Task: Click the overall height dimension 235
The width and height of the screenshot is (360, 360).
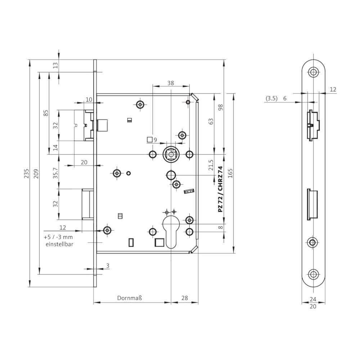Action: (x=27, y=174)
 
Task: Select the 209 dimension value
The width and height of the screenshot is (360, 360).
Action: (x=36, y=174)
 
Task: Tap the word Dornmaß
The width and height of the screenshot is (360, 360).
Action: (x=130, y=298)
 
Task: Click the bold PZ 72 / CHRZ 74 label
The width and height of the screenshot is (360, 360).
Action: (x=220, y=189)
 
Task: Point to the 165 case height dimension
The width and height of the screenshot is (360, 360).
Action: (x=230, y=173)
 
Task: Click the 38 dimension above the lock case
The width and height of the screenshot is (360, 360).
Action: (x=171, y=83)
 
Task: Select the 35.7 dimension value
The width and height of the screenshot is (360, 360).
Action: (x=55, y=173)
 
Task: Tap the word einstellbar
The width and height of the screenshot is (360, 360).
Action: (x=59, y=244)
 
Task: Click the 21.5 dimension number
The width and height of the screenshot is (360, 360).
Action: (x=211, y=165)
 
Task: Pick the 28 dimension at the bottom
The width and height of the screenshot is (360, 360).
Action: (x=185, y=298)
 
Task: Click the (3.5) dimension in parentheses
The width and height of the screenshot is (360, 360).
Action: (x=271, y=99)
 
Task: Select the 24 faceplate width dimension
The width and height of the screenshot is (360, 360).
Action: (x=313, y=299)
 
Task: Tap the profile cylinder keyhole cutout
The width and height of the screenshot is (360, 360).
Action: (x=171, y=232)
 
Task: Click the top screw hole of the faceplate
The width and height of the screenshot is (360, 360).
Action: (x=313, y=72)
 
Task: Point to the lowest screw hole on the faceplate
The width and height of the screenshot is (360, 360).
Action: (x=313, y=274)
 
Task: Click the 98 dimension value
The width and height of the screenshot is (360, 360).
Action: (x=221, y=107)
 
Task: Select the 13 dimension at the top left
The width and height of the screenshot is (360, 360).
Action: (x=55, y=66)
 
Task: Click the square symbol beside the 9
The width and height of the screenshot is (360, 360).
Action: (x=150, y=140)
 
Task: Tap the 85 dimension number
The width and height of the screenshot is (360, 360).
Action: (x=46, y=113)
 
